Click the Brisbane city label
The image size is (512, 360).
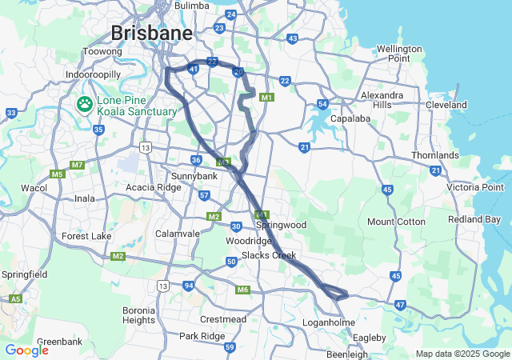pos(152,34)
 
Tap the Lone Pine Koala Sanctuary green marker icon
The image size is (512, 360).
pos(84,104)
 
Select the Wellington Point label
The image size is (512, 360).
pos(398,54)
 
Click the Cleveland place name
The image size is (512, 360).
pos(446,105)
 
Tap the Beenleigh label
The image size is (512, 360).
pos(346,354)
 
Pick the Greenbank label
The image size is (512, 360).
pos(59,342)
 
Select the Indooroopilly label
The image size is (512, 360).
pos(93,74)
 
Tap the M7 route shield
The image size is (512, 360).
pos(77,165)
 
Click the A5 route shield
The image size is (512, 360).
pos(15,298)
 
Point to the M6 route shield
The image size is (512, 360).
pos(242,290)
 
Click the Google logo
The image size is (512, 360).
pos(26,350)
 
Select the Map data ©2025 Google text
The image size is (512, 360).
pos(462,354)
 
